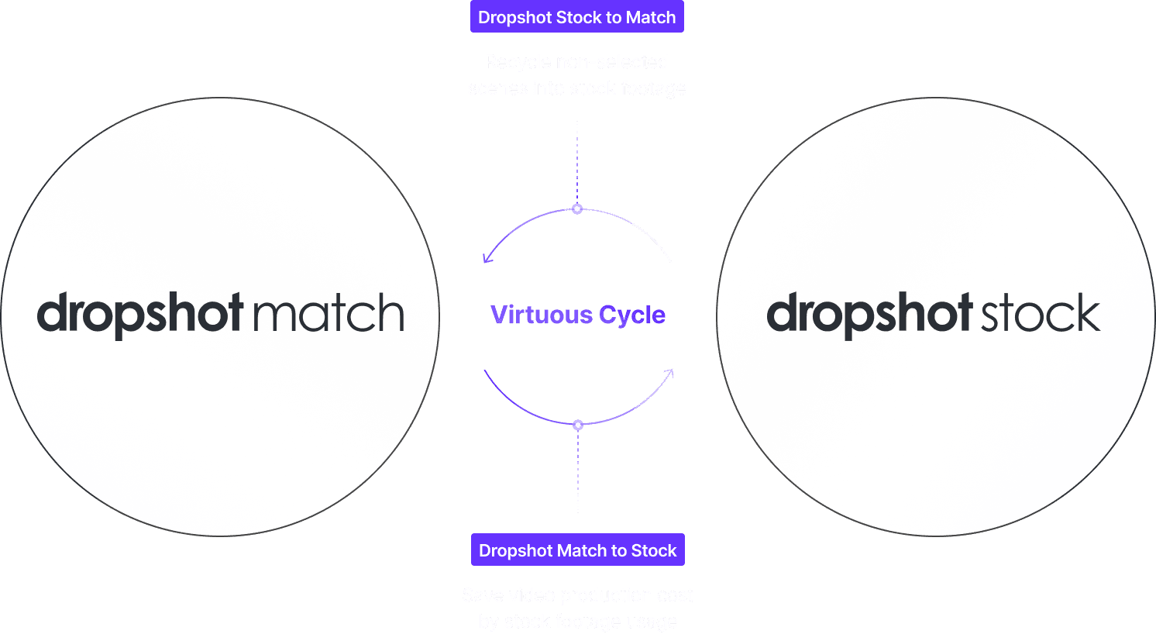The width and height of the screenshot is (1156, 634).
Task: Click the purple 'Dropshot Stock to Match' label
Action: pyautogui.click(x=577, y=17)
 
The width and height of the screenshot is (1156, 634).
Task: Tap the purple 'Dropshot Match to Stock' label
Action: pyautogui.click(x=577, y=550)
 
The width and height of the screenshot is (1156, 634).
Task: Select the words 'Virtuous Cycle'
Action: pyautogui.click(x=578, y=315)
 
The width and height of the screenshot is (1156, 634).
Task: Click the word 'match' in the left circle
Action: pyautogui.click(x=329, y=314)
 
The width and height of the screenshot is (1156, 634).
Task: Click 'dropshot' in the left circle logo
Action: pyautogui.click(x=140, y=315)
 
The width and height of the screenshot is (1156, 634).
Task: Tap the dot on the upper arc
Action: pyautogui.click(x=577, y=209)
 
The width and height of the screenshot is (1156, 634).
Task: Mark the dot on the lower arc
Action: pyautogui.click(x=577, y=425)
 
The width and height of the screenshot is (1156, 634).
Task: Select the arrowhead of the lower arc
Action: pyautogui.click(x=669, y=374)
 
